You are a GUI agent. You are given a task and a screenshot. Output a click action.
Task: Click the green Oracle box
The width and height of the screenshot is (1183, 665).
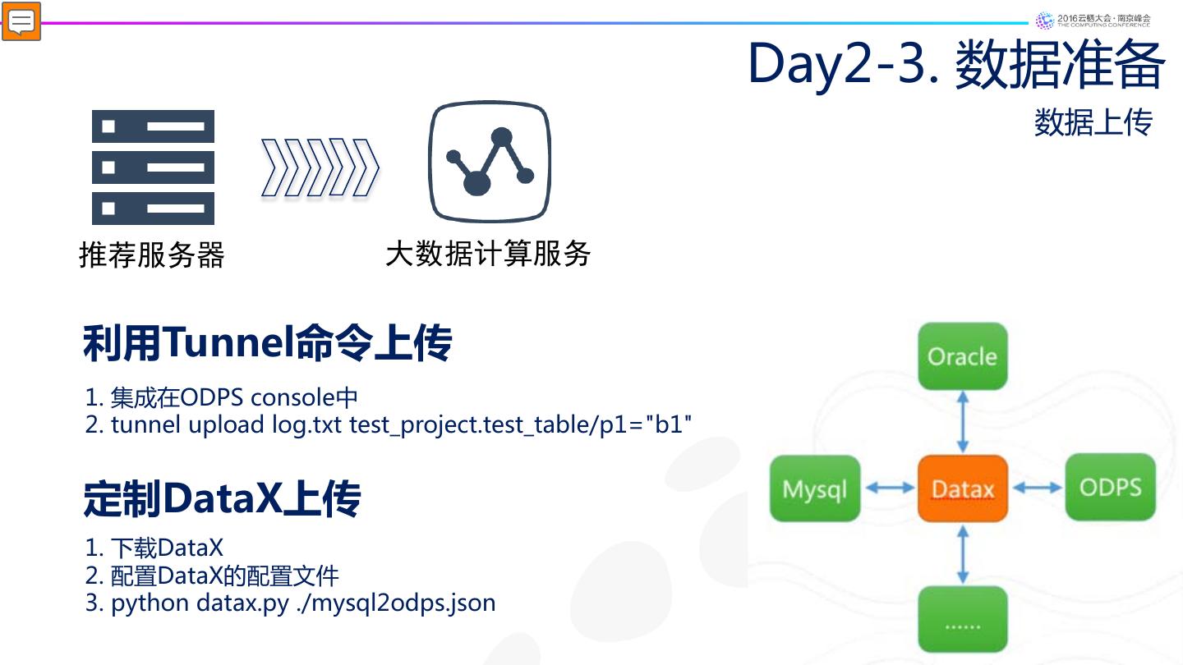click(x=962, y=356)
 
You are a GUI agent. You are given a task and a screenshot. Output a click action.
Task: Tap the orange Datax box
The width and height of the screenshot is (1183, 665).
click(x=962, y=488)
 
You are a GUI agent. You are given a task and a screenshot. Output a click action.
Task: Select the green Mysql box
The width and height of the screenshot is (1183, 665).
click(x=814, y=488)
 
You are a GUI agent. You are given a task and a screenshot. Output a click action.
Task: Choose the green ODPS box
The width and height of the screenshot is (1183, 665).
click(x=1110, y=488)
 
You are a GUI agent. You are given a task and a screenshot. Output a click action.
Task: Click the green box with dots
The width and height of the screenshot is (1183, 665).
click(x=962, y=620)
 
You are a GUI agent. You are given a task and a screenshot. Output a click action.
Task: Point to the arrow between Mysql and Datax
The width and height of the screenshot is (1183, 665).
click(x=889, y=488)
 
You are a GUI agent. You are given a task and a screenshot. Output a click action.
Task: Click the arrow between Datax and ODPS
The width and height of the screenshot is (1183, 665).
click(x=1037, y=488)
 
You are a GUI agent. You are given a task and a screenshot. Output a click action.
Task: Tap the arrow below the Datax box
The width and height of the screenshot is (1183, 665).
click(x=962, y=554)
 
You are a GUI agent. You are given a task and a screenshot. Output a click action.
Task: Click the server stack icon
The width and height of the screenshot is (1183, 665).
click(x=153, y=167)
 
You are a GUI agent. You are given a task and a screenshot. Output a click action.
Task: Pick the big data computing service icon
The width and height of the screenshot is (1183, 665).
click(x=489, y=162)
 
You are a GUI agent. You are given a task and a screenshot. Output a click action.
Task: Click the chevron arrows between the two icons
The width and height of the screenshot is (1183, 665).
click(x=320, y=168)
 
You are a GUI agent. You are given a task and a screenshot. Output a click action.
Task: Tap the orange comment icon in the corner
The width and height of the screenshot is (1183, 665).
click(x=21, y=21)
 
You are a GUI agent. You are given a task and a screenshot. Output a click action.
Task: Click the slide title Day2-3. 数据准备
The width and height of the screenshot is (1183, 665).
click(x=955, y=64)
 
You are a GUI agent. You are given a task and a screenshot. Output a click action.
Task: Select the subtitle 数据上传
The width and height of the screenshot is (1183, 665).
click(x=1093, y=122)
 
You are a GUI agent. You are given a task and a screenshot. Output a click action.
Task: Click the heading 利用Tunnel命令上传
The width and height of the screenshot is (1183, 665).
click(x=267, y=343)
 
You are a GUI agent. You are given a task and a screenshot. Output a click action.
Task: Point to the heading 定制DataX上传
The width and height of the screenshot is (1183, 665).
click(x=222, y=498)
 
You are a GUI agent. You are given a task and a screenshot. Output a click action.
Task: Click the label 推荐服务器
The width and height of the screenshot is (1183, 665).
click(x=151, y=255)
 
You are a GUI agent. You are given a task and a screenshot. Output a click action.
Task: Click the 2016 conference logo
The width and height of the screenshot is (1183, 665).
click(x=1093, y=20)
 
